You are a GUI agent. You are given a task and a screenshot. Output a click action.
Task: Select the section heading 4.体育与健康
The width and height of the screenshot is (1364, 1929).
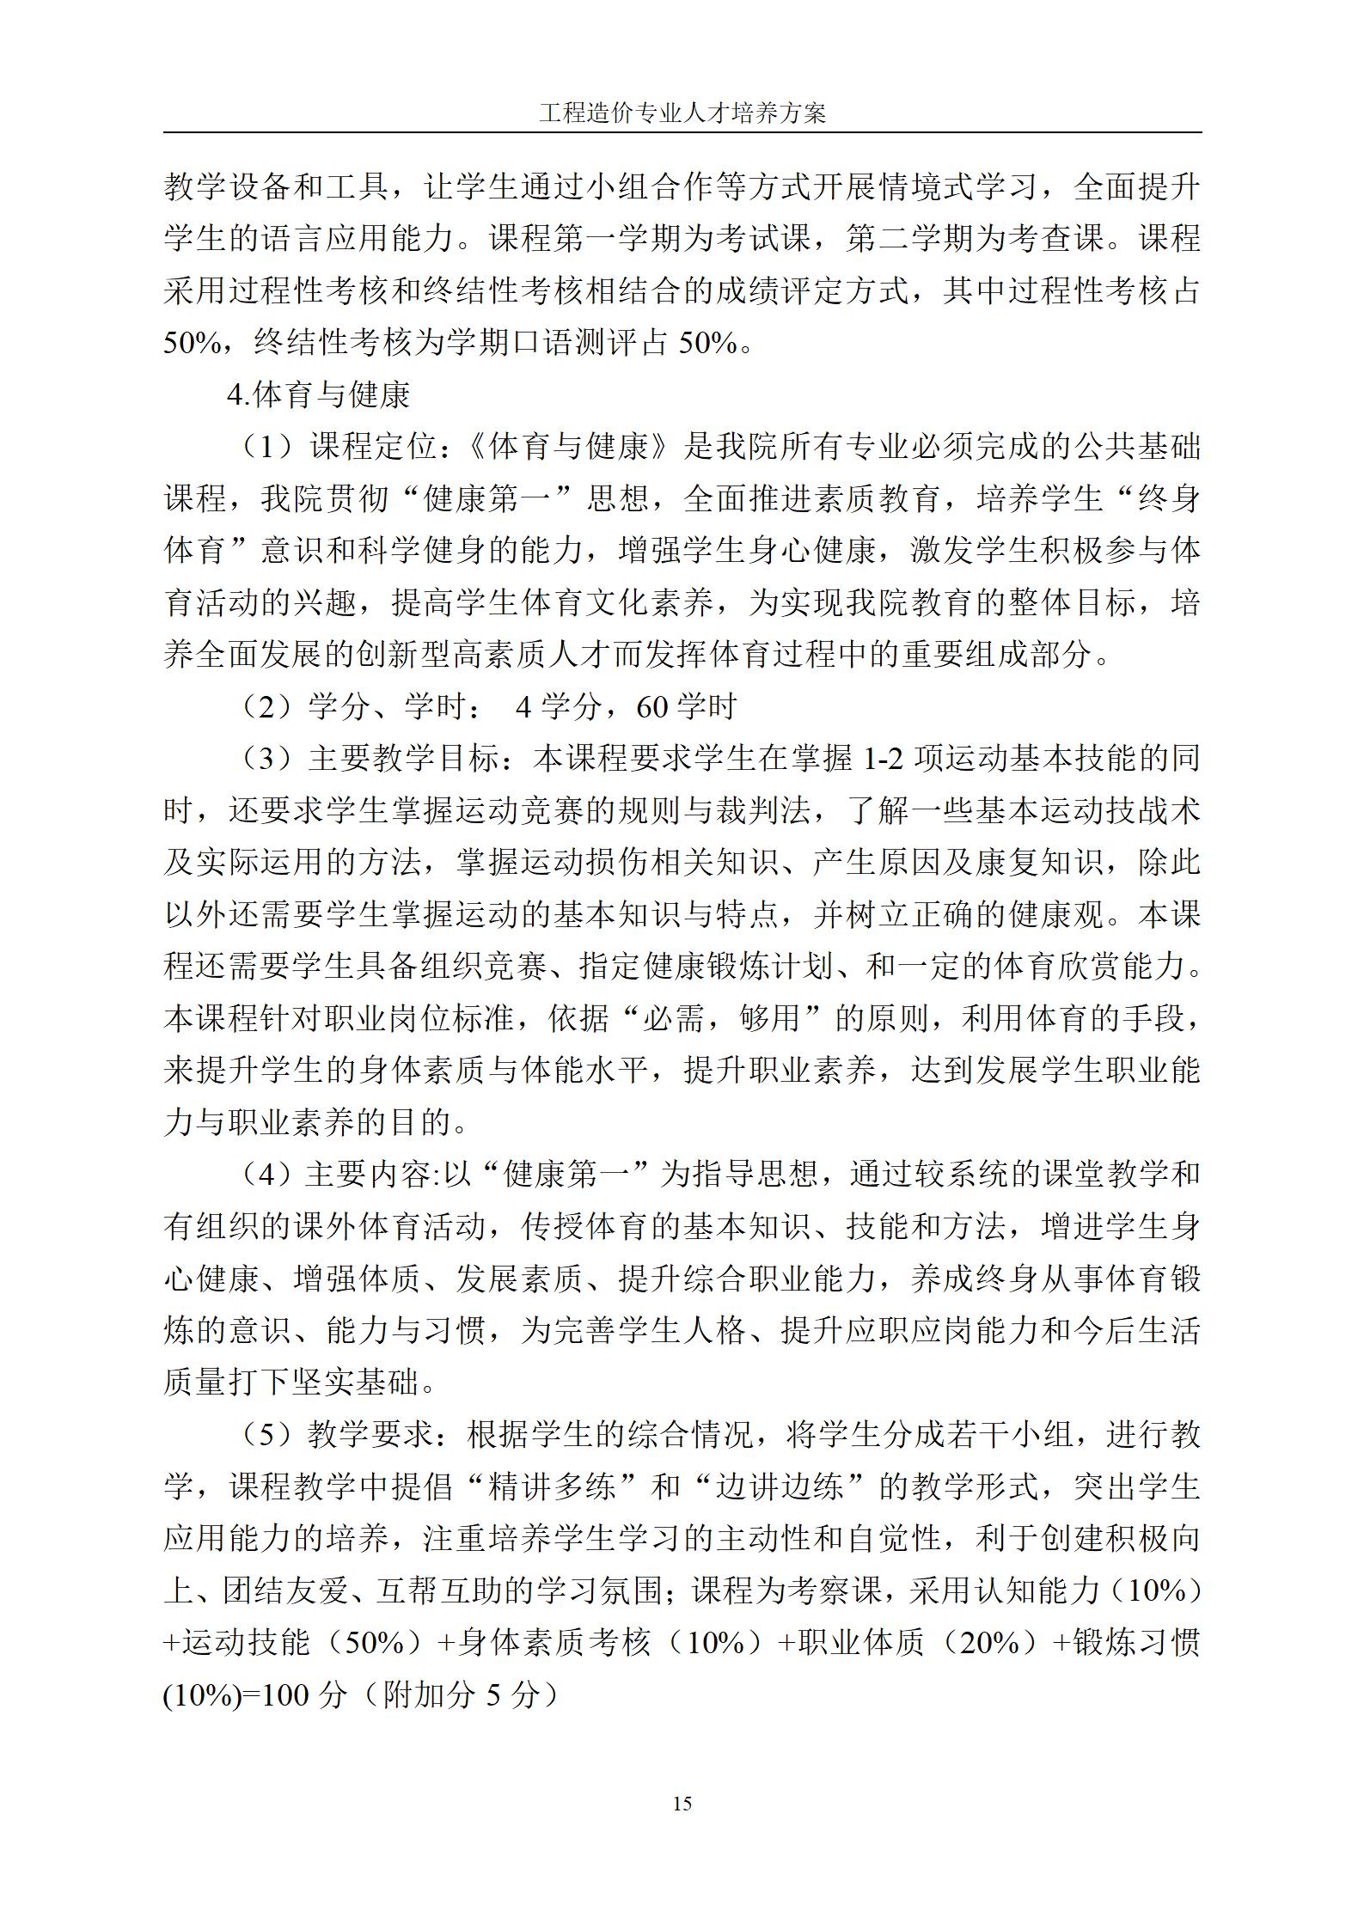pos(319,395)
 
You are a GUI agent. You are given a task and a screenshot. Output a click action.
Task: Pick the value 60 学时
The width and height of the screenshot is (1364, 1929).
pos(687,707)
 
